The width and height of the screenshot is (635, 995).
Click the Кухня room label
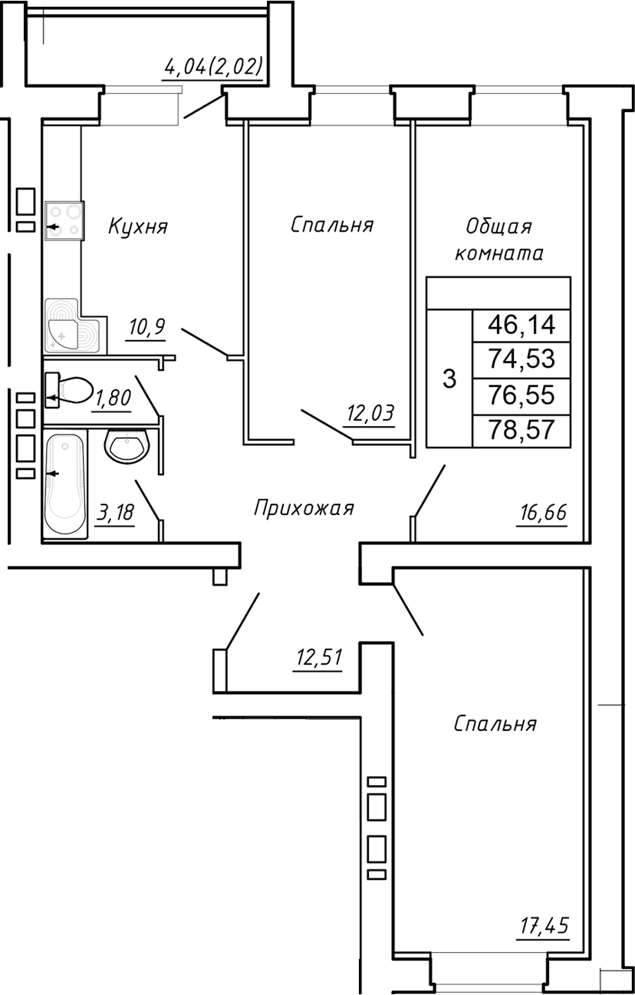click(137, 226)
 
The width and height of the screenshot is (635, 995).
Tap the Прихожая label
click(304, 508)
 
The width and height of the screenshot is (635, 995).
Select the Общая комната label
click(499, 240)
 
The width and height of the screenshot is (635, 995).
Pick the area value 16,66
click(542, 512)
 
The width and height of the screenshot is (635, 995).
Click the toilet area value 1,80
click(113, 398)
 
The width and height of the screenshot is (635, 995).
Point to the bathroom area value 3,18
click(115, 512)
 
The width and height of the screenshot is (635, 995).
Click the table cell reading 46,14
click(521, 326)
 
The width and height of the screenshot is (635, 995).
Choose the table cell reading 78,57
click(521, 430)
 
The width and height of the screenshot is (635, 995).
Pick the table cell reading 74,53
click(521, 360)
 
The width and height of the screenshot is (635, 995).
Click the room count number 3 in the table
click(449, 378)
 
